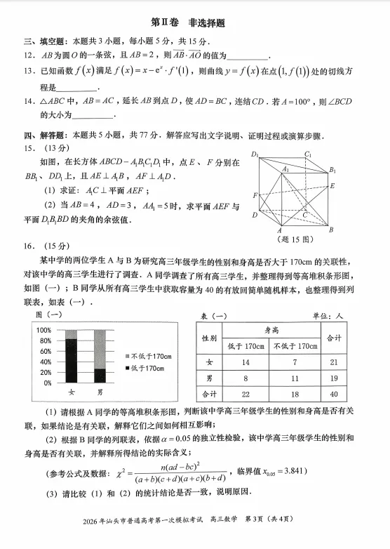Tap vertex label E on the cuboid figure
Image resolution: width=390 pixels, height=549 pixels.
[332, 186]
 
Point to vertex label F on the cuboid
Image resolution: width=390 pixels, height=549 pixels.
[255, 195]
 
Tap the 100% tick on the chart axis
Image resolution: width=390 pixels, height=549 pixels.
[43, 330]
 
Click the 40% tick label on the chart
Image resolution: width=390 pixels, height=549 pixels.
[46, 362]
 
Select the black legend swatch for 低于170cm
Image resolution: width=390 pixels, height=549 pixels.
[126, 369]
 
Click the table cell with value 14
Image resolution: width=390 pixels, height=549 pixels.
[246, 362]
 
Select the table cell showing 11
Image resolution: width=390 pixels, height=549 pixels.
[294, 378]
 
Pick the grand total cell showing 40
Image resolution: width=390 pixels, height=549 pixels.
[334, 394]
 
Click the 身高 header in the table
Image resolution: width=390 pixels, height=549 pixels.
[271, 329]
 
